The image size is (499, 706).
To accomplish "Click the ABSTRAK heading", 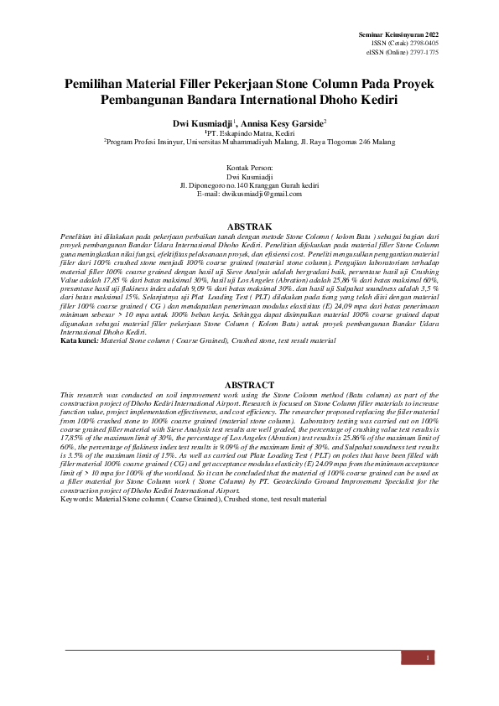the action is coord(249,227).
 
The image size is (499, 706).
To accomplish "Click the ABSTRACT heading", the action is coord(249,385).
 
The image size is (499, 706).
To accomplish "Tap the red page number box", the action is coord(428,657).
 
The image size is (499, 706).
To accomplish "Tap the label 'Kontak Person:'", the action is coord(249,169).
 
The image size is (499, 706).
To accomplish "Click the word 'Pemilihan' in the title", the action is coord(103,85).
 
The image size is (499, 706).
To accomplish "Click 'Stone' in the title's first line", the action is coord(318,85).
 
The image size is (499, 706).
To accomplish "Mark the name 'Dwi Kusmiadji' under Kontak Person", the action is coord(249,177).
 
